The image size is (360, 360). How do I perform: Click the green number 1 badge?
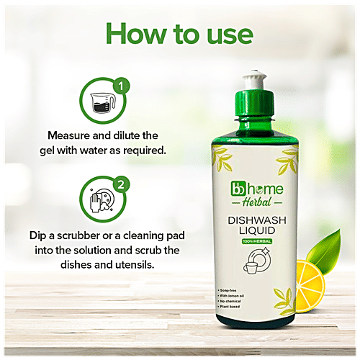click(122, 87)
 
